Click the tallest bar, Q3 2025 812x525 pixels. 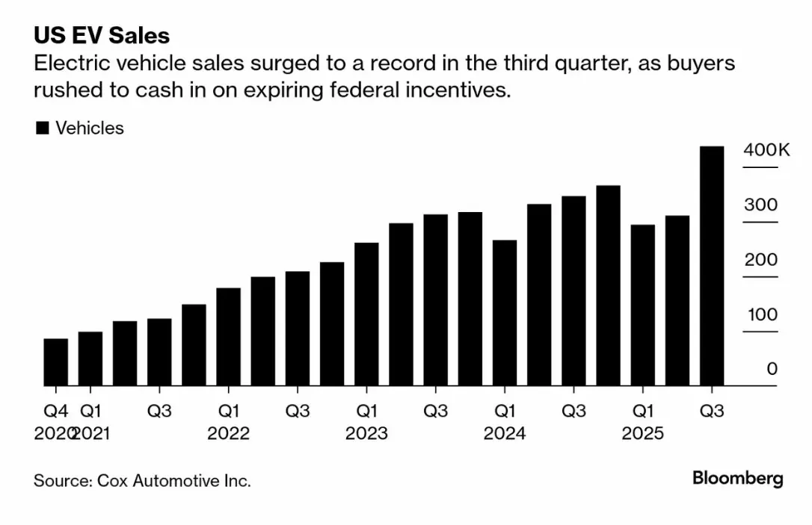tap(711, 266)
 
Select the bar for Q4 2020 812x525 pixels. tap(55, 362)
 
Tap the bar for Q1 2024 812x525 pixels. tap(505, 313)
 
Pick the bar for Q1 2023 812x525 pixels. tap(366, 314)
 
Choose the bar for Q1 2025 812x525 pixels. tap(642, 305)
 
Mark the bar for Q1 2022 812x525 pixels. tap(228, 337)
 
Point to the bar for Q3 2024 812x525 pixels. tap(573, 291)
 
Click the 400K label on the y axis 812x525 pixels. tap(766, 150)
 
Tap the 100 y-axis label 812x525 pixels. tap(763, 314)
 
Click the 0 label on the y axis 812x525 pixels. tap(772, 369)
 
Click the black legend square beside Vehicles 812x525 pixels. tap(43, 128)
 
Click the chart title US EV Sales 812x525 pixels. tap(102, 35)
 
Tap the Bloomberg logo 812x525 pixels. tap(737, 478)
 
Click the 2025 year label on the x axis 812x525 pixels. tap(642, 433)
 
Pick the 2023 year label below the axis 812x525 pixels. tap(366, 433)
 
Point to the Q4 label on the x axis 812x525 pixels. tap(55, 411)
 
